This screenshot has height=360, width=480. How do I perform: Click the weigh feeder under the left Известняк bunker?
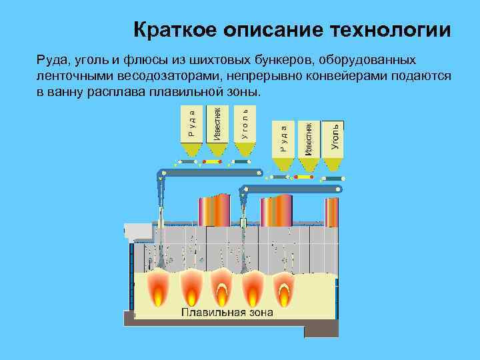tap(213, 161)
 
